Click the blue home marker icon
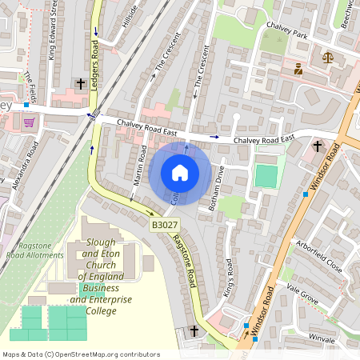click(180, 173)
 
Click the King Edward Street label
click(53, 30)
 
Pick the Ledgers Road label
click(94, 61)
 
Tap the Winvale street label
click(322, 339)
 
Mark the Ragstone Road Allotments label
click(34, 250)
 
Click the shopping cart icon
click(29, 122)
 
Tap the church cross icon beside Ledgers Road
click(80, 83)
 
